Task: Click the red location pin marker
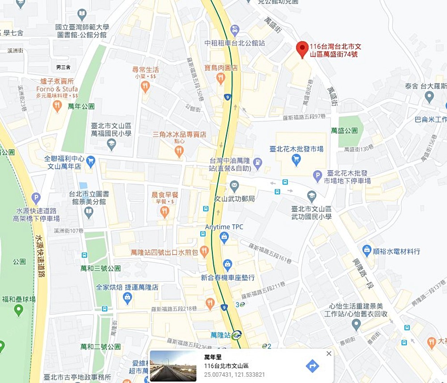coord(303,49)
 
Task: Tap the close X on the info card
coord(329,354)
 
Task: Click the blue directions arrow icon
coord(312,366)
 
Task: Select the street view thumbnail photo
coord(173,366)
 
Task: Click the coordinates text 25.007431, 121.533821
coord(234,375)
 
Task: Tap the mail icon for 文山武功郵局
coord(234,185)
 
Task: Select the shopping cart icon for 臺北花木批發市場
coord(296,159)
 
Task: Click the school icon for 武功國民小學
coord(312,196)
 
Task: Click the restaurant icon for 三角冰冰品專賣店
coord(179,152)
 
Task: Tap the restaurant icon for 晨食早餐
coord(164,211)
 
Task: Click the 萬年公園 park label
coord(81,106)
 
